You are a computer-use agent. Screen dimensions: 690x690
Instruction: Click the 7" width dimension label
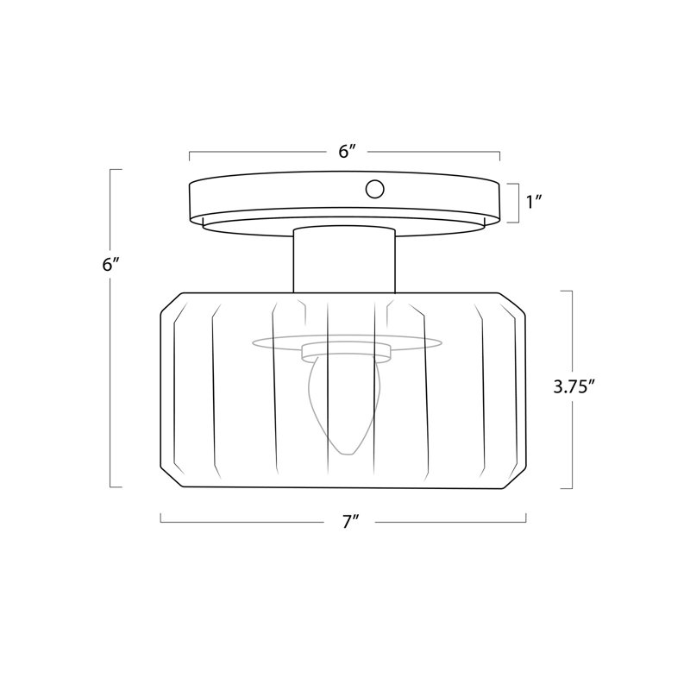coord(350,523)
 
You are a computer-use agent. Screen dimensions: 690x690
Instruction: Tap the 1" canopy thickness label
coord(533,202)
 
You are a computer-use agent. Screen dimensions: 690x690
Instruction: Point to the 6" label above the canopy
coord(347,152)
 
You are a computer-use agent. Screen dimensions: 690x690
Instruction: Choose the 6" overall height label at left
coord(110,265)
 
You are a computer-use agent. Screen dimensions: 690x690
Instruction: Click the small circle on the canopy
coord(374,189)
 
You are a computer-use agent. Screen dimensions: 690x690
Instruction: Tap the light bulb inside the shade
coord(344,405)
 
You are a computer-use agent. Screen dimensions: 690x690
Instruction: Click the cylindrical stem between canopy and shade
coord(344,260)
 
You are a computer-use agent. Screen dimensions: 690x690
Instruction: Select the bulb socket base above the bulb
coord(347,353)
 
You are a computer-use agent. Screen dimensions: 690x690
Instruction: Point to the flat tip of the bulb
coord(348,455)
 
